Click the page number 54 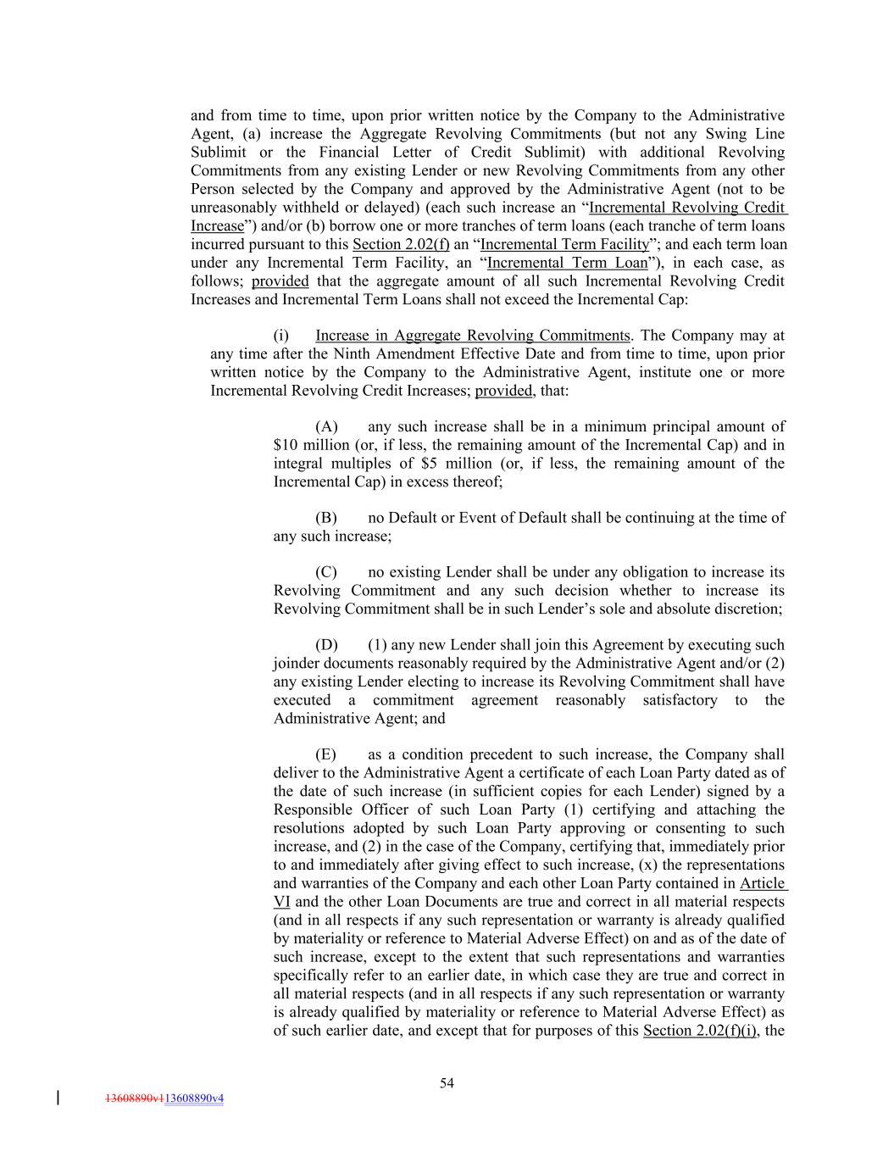(447, 1082)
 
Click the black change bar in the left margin (58, 1099)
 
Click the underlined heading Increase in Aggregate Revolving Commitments (473, 336)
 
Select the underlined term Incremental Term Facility (564, 244)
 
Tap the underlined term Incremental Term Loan (567, 263)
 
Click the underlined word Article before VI (762, 883)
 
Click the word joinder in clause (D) (297, 664)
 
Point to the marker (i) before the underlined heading (281, 336)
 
